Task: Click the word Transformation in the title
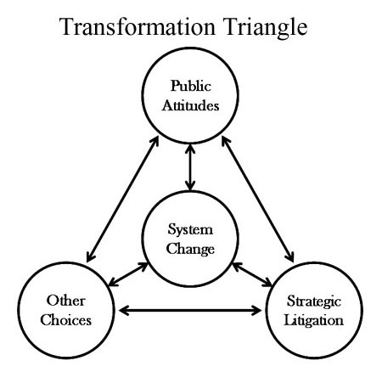pos(138,26)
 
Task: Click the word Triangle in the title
pos(265,28)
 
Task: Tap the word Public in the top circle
pos(191,86)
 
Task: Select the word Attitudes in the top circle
pos(191,105)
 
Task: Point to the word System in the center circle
pos(190,230)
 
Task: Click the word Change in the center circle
pos(190,249)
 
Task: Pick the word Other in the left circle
pos(66,301)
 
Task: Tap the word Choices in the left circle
pos(66,320)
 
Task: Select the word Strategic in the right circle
pos(314,301)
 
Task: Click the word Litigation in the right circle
pos(314,321)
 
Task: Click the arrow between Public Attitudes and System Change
pos(190,167)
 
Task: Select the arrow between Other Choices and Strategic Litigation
pos(190,311)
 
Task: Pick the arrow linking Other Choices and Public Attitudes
pos(122,200)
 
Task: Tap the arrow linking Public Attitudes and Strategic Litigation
pos(258,200)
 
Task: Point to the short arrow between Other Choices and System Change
pos(128,274)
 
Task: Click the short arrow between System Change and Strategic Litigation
pos(252,274)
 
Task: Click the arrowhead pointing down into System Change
pos(190,186)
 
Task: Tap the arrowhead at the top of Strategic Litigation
pos(290,257)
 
